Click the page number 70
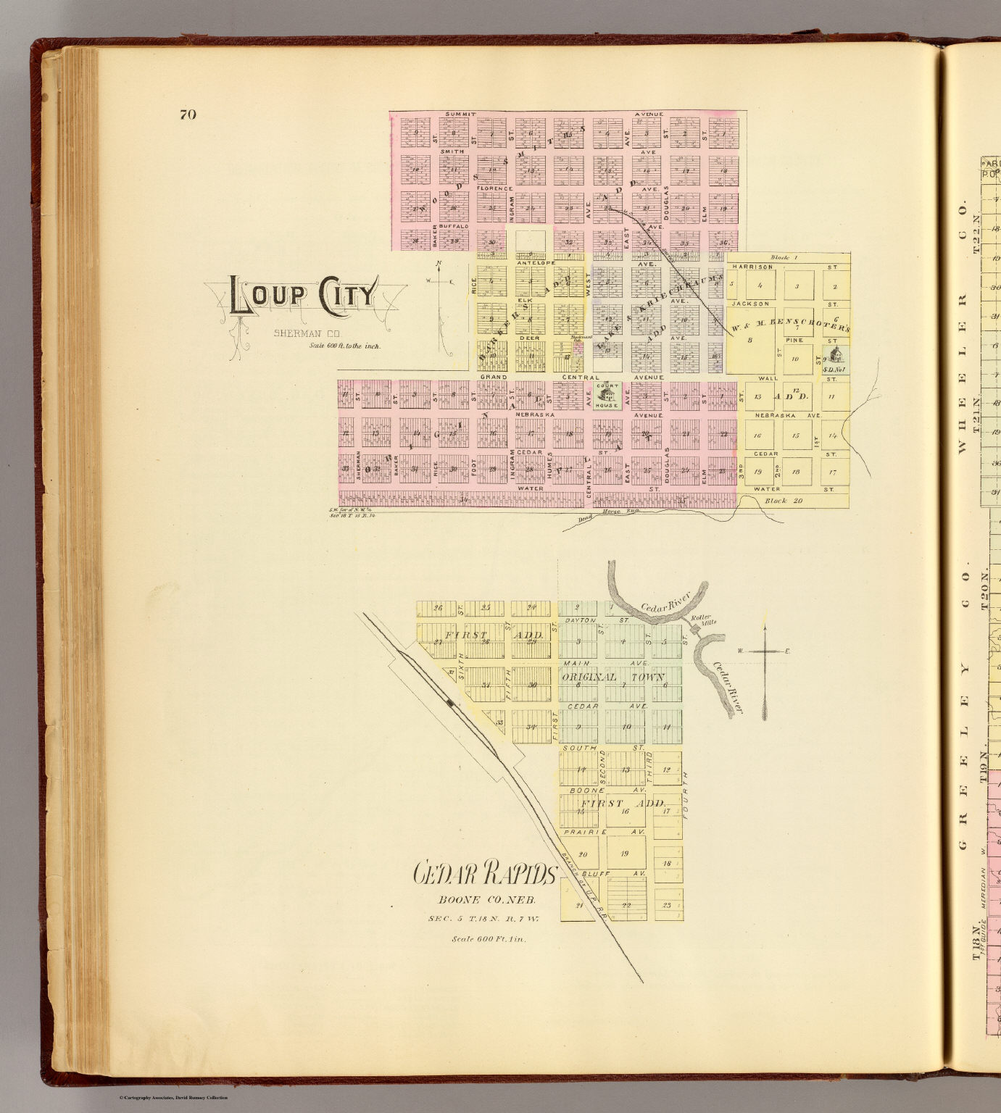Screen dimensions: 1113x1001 (x=188, y=114)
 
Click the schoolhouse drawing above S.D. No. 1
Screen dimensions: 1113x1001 (x=836, y=354)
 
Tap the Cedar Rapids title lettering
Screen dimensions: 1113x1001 (x=484, y=875)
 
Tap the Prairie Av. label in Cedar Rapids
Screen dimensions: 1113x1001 (x=588, y=832)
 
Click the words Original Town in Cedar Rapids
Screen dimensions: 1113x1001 (x=612, y=678)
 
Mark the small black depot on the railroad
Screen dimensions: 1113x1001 (x=451, y=702)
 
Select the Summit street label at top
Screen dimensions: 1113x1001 (x=460, y=114)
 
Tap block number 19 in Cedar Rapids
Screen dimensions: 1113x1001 (x=623, y=854)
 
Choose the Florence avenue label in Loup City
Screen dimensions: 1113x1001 (x=494, y=188)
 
